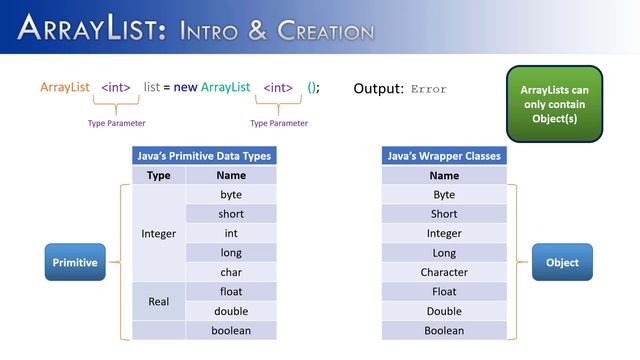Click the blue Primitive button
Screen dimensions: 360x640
(75, 262)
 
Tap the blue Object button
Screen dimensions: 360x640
(562, 262)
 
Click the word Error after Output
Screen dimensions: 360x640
(427, 89)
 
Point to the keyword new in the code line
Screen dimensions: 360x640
(185, 88)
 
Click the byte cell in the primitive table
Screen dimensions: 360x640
(231, 194)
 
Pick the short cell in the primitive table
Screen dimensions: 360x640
(231, 214)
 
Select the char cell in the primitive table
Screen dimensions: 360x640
(231, 272)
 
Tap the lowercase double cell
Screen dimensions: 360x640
(231, 311)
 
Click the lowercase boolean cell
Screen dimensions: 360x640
(231, 330)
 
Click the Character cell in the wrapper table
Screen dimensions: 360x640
(444, 272)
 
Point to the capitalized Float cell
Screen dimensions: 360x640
(444, 292)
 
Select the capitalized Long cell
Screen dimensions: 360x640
(444, 253)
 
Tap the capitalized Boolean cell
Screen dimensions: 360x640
(444, 330)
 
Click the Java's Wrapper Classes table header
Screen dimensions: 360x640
(444, 156)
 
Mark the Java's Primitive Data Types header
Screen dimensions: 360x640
(204, 156)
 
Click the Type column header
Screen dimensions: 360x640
(159, 175)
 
